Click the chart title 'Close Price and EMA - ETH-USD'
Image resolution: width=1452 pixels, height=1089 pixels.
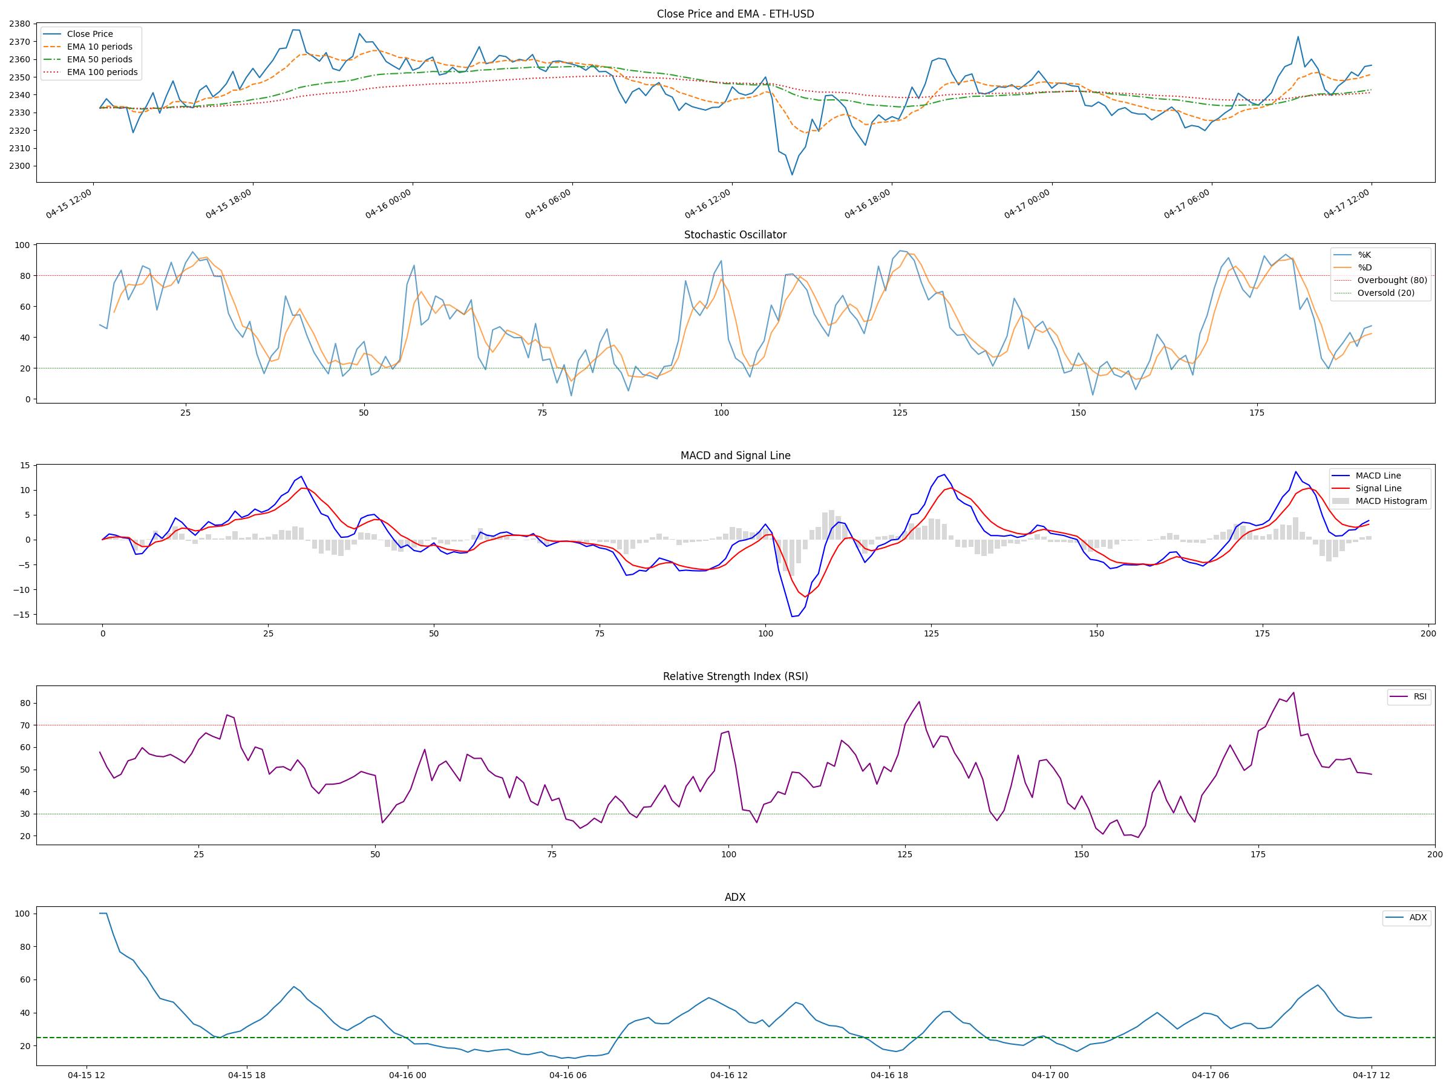[734, 14]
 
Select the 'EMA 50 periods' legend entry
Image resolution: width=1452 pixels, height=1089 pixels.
[99, 60]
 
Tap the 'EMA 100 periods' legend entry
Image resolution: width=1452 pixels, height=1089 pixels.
[102, 72]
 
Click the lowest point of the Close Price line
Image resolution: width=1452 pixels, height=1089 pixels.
[791, 175]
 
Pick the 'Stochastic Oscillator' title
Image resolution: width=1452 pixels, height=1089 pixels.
[734, 235]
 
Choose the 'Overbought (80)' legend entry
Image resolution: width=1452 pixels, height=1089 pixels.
[1391, 280]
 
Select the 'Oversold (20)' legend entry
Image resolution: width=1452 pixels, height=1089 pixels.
[1385, 293]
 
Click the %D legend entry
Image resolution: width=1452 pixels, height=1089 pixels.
[1364, 267]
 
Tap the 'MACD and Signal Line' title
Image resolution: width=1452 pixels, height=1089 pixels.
[734, 456]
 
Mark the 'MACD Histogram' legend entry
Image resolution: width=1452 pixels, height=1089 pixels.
[1390, 501]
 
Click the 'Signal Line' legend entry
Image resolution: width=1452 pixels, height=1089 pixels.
[1378, 488]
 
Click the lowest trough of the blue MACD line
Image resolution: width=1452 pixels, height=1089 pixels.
[793, 616]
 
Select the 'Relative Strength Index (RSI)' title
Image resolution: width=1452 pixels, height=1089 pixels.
[734, 676]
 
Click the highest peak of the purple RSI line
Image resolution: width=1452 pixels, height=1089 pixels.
[1293, 692]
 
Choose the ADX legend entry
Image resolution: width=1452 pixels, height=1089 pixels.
[1417, 917]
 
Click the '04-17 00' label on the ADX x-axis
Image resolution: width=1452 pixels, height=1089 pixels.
[1050, 1075]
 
